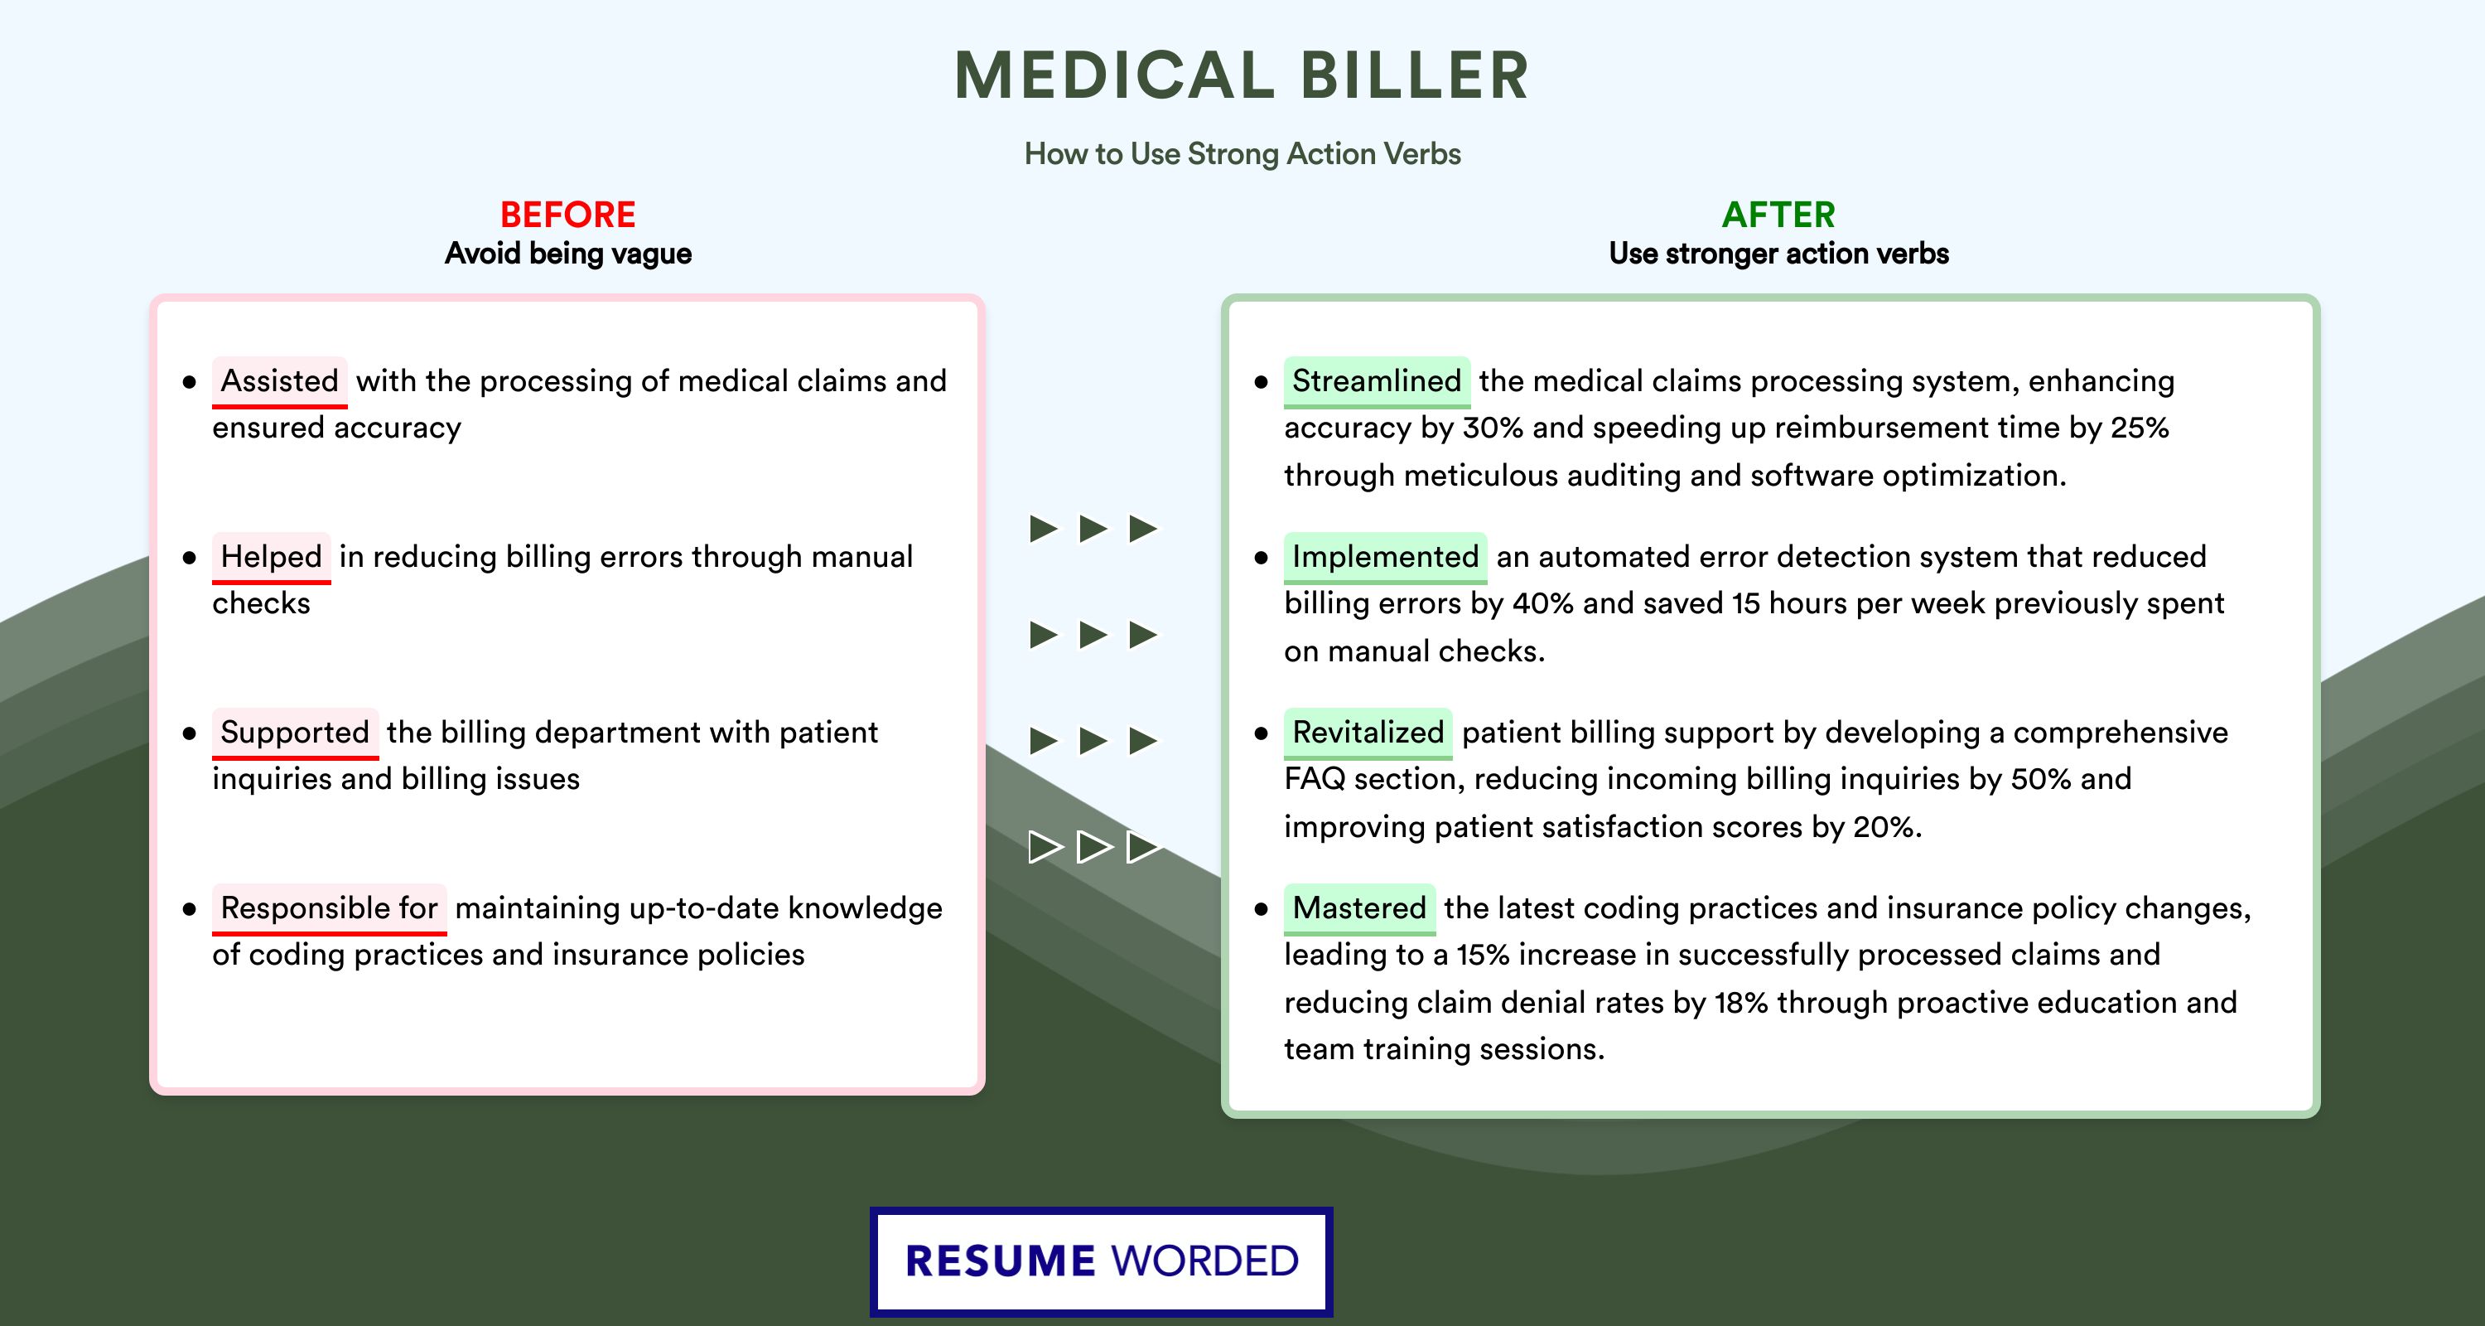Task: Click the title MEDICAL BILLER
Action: click(1242, 75)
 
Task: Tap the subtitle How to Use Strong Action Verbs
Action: click(1242, 153)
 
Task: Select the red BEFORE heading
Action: click(567, 215)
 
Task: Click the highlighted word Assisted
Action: click(280, 381)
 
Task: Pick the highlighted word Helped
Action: click(271, 557)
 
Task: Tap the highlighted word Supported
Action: click(295, 733)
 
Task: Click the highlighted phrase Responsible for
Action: click(329, 908)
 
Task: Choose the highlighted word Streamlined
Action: click(1377, 381)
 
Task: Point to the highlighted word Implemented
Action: click(1385, 557)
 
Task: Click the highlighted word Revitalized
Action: click(1368, 733)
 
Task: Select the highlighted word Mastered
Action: click(1359, 908)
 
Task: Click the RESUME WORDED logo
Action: click(1102, 1261)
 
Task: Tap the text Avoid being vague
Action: click(568, 254)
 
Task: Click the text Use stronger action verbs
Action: click(1779, 254)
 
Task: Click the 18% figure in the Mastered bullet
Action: click(1740, 1003)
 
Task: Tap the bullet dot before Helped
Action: click(189, 558)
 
